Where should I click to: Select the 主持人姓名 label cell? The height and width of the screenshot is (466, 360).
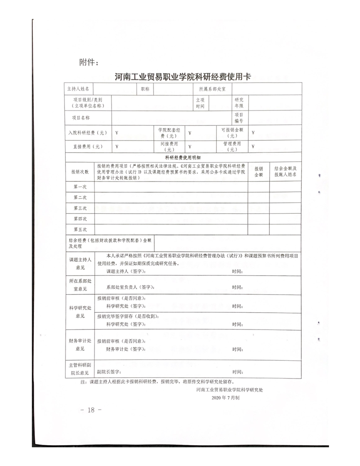pyautogui.click(x=78, y=89)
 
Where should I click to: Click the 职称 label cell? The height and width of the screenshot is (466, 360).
pyautogui.click(x=145, y=89)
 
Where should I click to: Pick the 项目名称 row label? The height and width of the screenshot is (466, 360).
pyautogui.click(x=81, y=118)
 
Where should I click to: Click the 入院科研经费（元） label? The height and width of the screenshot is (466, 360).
pyautogui.click(x=87, y=133)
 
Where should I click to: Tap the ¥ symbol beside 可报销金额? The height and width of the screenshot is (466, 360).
pyautogui.click(x=253, y=133)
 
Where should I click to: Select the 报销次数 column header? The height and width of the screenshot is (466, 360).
pyautogui.click(x=80, y=171)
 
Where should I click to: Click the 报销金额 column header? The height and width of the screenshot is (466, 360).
pyautogui.click(x=258, y=172)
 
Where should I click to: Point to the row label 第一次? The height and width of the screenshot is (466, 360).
pyautogui.click(x=80, y=187)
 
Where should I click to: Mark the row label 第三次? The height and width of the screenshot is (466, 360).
pyautogui.click(x=80, y=208)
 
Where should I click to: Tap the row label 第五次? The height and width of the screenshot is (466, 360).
pyautogui.click(x=80, y=229)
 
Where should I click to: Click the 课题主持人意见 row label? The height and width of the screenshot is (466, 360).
pyautogui.click(x=80, y=263)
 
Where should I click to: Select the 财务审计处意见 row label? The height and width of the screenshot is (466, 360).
pyautogui.click(x=80, y=345)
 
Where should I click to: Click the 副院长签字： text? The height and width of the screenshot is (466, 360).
pyautogui.click(x=110, y=372)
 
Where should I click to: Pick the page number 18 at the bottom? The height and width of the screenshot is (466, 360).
pyautogui.click(x=91, y=410)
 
